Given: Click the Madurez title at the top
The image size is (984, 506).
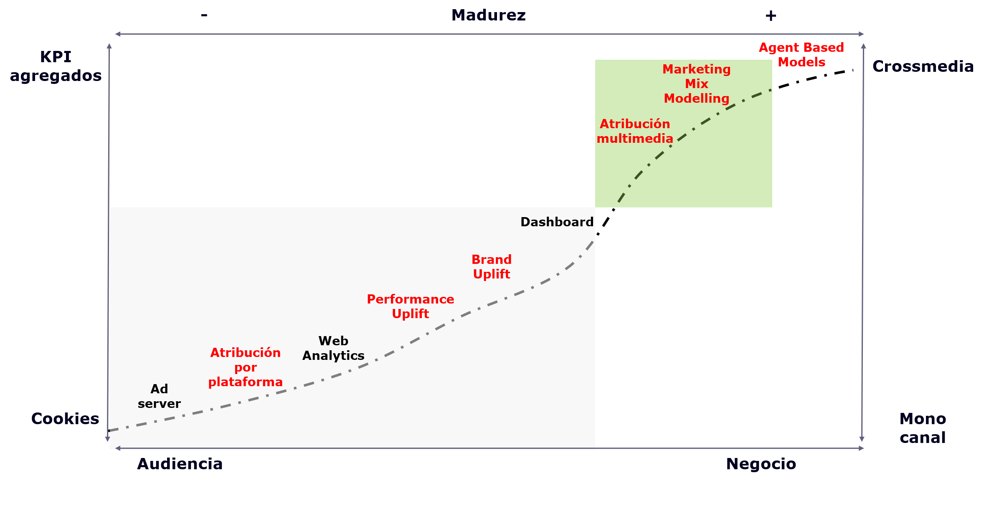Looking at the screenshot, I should [488, 15].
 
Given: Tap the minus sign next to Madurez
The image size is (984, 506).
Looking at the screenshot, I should [204, 15].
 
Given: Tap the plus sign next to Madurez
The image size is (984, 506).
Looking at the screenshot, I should [771, 16].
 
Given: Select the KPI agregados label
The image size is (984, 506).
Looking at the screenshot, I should [56, 66].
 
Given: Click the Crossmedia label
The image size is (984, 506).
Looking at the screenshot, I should [923, 67].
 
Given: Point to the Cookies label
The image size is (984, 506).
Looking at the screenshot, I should [65, 419].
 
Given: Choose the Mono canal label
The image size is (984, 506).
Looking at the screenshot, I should [923, 428].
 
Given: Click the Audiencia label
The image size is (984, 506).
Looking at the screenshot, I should [180, 464].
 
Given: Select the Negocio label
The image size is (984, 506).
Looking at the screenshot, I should [761, 464].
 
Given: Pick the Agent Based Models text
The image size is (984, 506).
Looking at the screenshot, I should [801, 55].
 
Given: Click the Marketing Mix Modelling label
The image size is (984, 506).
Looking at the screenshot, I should [696, 83].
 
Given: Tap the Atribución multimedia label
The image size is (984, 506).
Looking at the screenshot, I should [635, 131].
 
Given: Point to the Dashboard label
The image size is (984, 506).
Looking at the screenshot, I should [557, 222].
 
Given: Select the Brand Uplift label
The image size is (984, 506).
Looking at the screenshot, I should [492, 267].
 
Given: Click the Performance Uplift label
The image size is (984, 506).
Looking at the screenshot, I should [410, 306].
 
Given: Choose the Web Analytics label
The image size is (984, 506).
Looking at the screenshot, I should [333, 348].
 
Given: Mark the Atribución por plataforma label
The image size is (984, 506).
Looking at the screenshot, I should [245, 367].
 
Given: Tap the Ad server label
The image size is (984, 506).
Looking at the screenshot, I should [159, 396].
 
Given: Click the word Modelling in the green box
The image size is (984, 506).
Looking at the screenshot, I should [696, 99].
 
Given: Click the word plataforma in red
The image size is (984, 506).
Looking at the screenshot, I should [245, 382].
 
